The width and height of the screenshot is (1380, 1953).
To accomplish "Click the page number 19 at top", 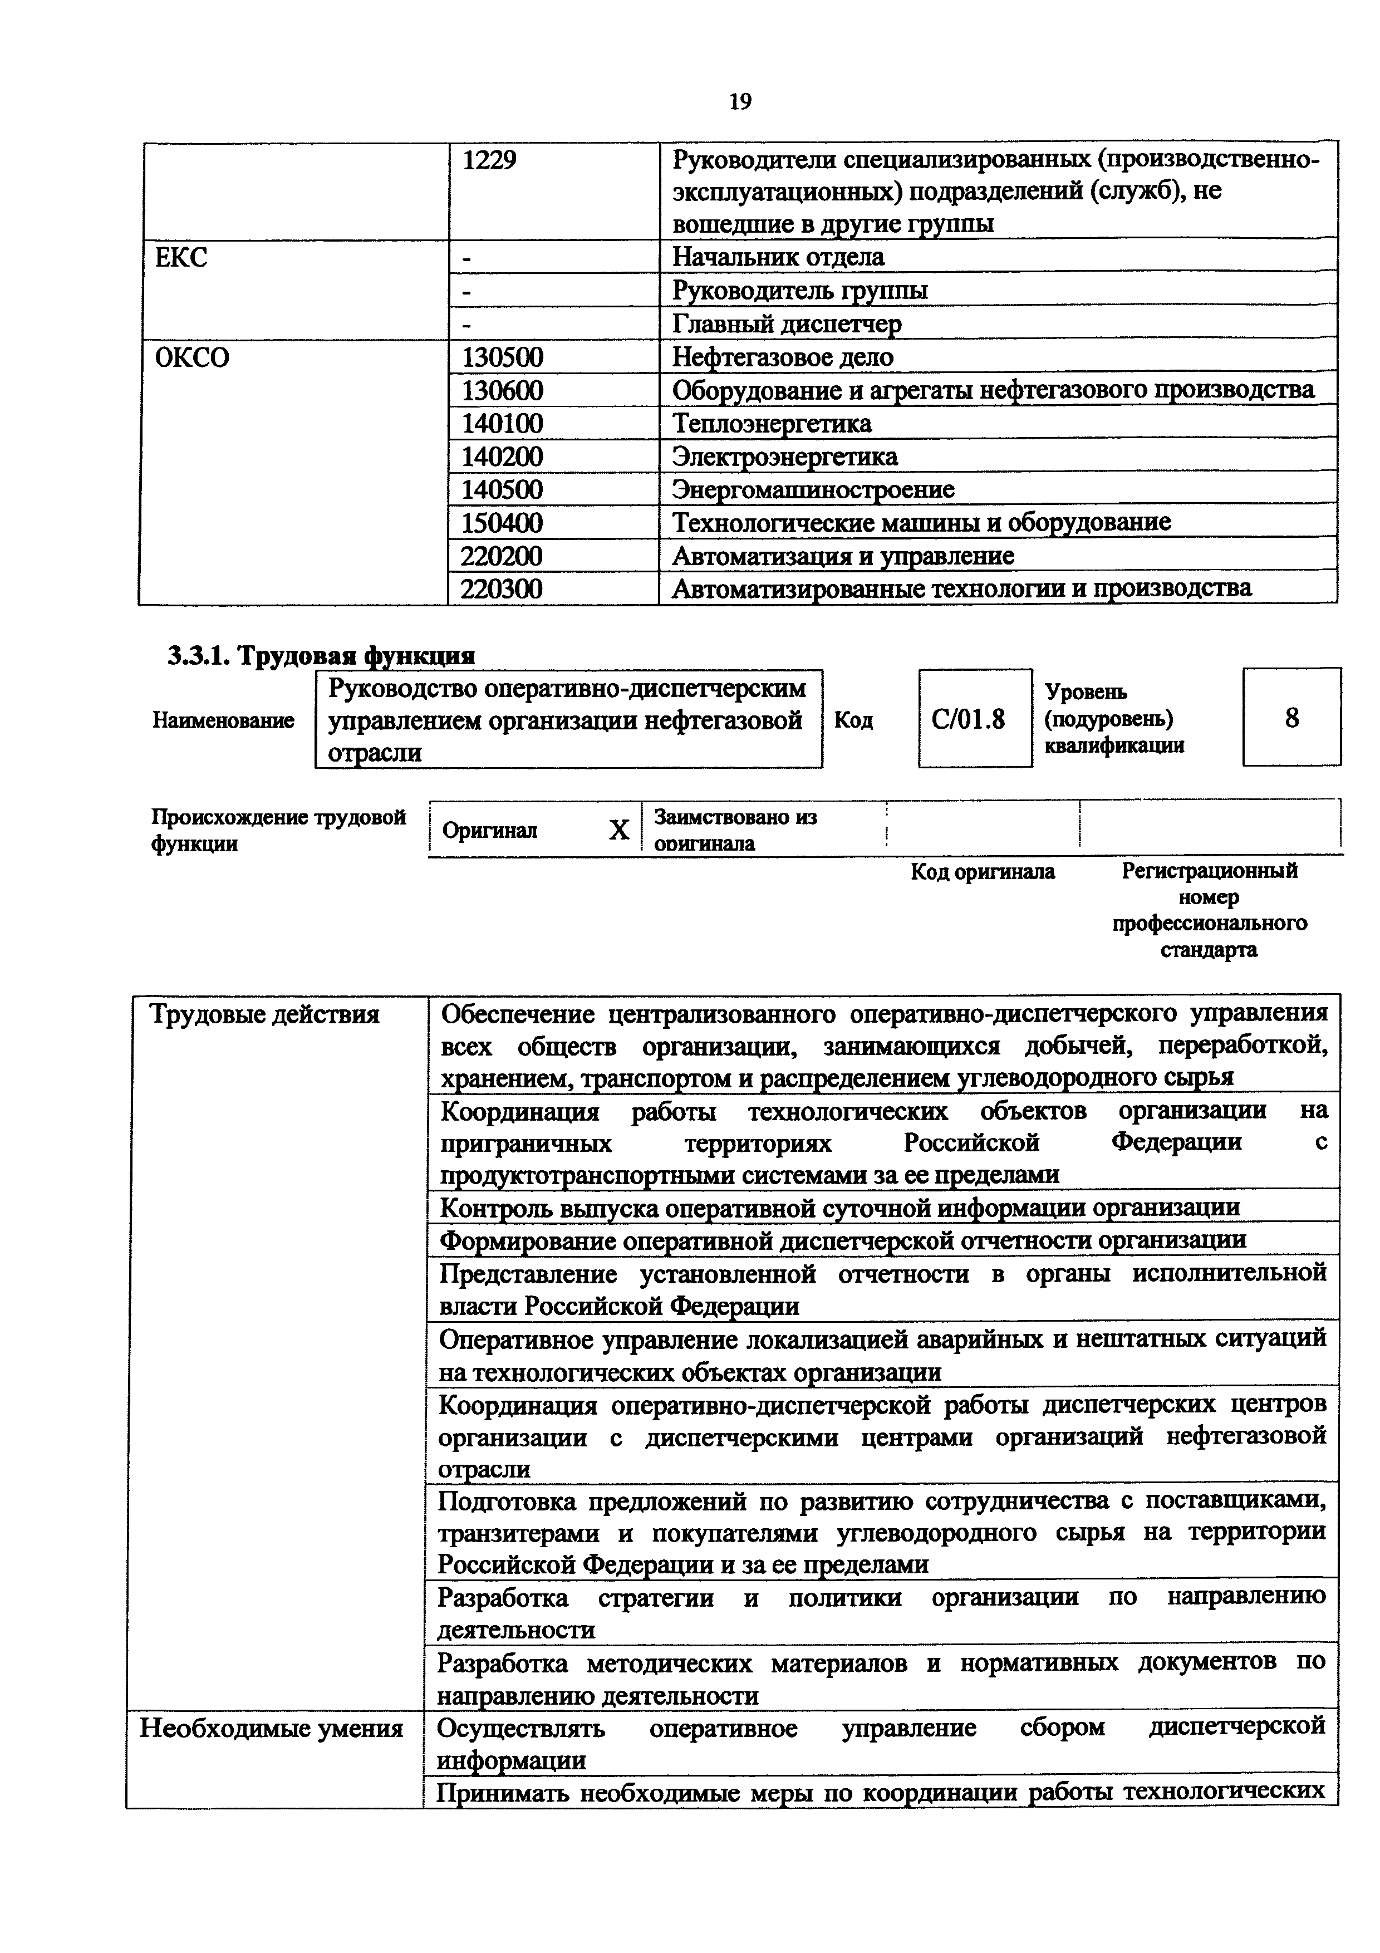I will point(740,102).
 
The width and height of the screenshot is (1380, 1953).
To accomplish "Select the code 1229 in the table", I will point(489,160).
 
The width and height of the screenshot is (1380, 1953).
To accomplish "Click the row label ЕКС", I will point(181,257).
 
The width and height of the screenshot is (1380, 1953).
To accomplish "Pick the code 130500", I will point(502,357).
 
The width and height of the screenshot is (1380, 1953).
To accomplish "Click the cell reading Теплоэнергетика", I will point(771,424).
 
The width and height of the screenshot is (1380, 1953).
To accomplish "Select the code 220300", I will point(502,588).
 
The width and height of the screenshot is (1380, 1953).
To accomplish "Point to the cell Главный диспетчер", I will point(787,324).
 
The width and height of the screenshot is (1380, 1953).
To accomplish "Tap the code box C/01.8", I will point(969,720).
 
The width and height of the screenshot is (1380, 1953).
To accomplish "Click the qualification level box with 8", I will point(1291,719).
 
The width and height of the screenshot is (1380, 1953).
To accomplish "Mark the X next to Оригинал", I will point(619,830).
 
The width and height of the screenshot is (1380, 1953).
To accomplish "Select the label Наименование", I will point(223,720).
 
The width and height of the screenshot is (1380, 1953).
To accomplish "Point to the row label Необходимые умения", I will point(271,1729).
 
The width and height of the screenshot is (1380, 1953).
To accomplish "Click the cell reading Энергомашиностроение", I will point(813,490).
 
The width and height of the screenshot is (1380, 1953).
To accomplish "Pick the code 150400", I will point(502,522).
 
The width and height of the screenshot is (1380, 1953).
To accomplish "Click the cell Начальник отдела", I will point(778,257).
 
